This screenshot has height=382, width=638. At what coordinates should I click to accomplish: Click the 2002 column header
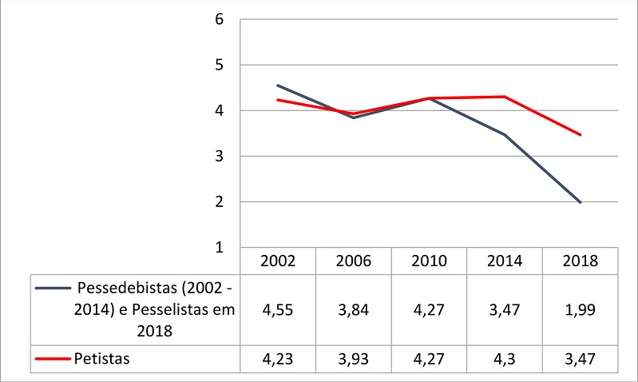(278, 261)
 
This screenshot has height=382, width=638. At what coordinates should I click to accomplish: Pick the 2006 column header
(354, 261)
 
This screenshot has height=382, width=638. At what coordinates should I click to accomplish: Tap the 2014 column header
(505, 261)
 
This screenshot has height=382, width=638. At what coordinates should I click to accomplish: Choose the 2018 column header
(581, 261)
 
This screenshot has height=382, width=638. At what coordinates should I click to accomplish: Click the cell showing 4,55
(278, 310)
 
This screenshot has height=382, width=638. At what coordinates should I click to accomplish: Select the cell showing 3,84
(354, 310)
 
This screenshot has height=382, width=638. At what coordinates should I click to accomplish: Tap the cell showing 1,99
(581, 310)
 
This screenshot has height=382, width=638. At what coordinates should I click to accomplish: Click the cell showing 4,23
(278, 360)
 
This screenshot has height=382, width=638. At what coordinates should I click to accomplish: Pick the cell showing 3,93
(354, 360)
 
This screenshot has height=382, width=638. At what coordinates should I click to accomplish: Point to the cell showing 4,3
(505, 360)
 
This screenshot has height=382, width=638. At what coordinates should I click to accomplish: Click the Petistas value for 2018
(581, 360)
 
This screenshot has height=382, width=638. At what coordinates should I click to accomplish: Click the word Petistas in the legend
(101, 360)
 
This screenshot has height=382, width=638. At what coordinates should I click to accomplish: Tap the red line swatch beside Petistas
(52, 360)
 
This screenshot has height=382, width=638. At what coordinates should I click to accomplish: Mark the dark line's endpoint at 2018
(581, 203)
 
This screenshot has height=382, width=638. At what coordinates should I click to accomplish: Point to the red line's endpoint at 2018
(581, 135)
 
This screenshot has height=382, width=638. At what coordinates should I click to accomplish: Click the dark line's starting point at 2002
(278, 86)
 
